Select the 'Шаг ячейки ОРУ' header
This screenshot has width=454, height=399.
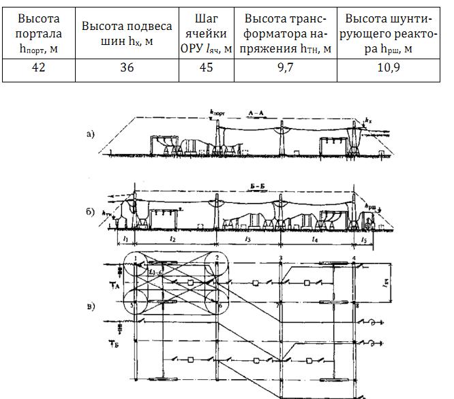(x=205, y=32)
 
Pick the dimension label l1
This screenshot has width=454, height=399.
(x=127, y=240)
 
